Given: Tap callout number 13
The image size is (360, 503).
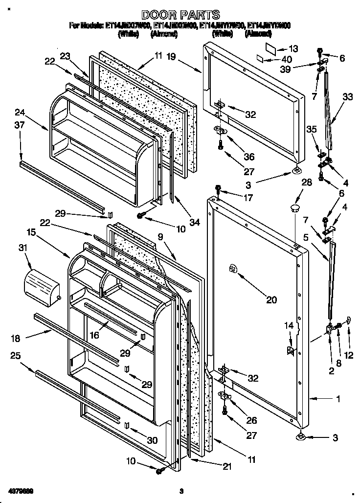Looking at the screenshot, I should click(293, 48).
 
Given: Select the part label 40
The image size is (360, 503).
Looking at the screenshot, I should click(287, 59).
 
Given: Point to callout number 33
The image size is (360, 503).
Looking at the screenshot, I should click(347, 97).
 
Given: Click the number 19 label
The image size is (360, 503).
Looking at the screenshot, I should click(170, 57).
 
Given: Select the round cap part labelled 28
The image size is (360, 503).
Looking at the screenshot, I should click(294, 209).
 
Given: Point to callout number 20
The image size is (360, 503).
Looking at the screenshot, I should click(271, 300).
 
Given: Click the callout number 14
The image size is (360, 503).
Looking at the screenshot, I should click(290, 325).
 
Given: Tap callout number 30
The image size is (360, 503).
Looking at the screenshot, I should click(152, 440).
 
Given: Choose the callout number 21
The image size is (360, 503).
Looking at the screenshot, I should click(226, 467).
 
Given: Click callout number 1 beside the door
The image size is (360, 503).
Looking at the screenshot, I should click(337, 399).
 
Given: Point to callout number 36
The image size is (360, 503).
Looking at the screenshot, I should click(249, 157).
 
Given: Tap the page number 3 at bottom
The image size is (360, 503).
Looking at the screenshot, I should click(180, 491).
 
